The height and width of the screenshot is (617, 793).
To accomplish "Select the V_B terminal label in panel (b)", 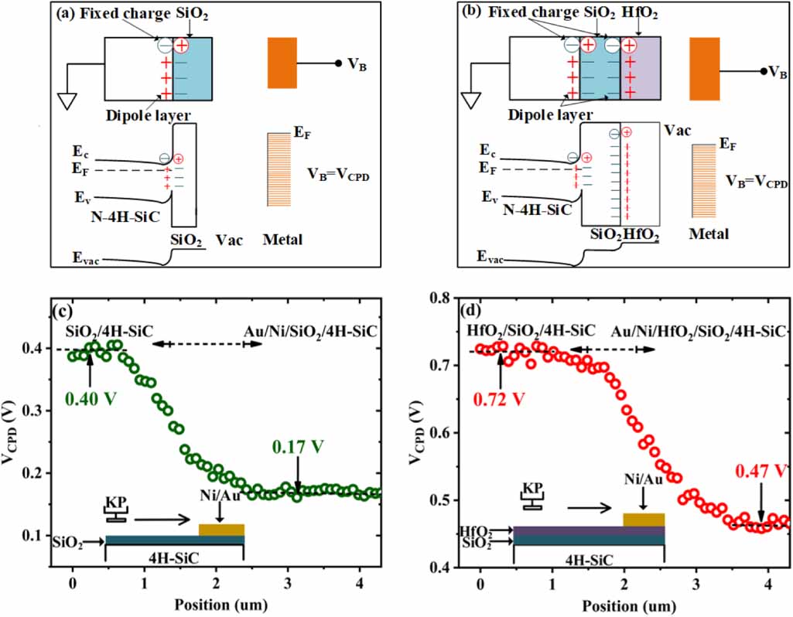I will (x=775, y=72).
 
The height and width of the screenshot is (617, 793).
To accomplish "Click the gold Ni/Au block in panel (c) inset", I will (x=221, y=530).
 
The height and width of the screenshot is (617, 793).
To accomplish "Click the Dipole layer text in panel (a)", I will (x=145, y=114).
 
